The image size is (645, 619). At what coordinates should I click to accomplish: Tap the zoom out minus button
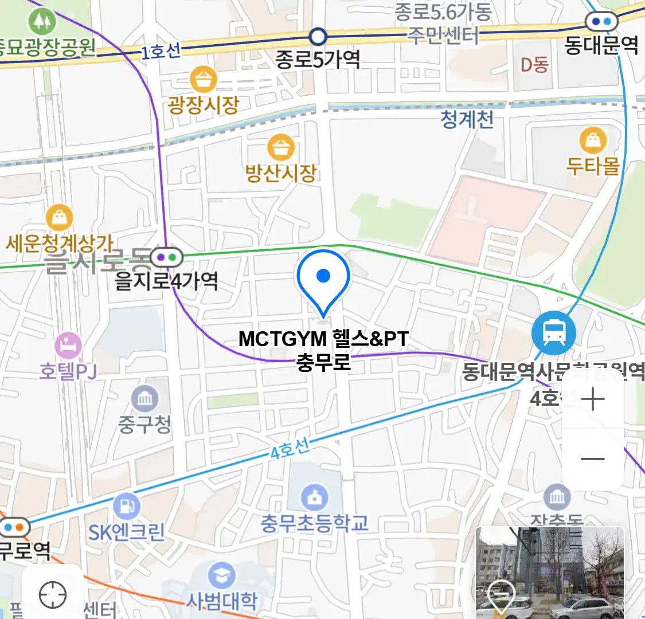[x=592, y=459]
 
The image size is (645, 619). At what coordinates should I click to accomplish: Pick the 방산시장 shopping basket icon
[x=280, y=147]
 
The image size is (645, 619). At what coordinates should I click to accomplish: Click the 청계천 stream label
[x=467, y=120]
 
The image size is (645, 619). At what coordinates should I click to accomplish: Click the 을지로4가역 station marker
[x=166, y=258]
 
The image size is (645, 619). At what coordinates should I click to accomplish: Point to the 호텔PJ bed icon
[x=68, y=346]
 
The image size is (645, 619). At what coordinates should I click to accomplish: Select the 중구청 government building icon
[x=144, y=398]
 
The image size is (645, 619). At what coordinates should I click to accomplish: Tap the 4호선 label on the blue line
[x=290, y=448]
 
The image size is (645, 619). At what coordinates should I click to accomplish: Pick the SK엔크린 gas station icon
[x=126, y=507]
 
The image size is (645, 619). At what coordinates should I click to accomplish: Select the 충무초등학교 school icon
[x=314, y=497]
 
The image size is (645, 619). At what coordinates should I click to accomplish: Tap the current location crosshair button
[x=53, y=595]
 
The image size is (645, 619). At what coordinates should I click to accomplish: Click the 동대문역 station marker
[x=601, y=22]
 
